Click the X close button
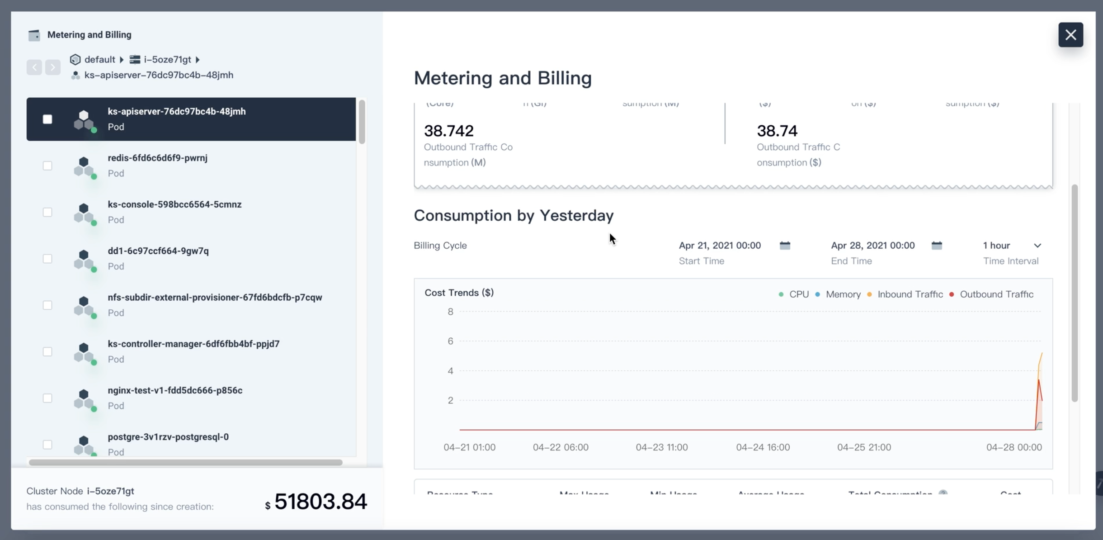click(1070, 35)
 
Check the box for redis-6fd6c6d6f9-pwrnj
click(47, 166)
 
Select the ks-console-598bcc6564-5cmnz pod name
click(174, 204)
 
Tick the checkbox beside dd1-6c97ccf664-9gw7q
click(47, 259)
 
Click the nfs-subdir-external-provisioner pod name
click(215, 298)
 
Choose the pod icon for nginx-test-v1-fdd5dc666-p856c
click(84, 399)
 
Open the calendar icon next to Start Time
click(785, 246)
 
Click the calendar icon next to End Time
click(937, 246)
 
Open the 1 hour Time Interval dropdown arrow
click(1037, 246)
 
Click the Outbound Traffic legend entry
click(996, 294)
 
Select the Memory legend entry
click(843, 294)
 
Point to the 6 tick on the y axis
click(450, 341)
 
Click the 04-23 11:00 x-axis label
click(661, 447)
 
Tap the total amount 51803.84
click(320, 502)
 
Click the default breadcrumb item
click(99, 60)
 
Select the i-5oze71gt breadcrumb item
click(167, 60)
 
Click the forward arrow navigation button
click(53, 67)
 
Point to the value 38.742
click(448, 131)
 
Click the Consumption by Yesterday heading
click(514, 216)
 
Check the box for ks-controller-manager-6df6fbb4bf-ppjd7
click(47, 351)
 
